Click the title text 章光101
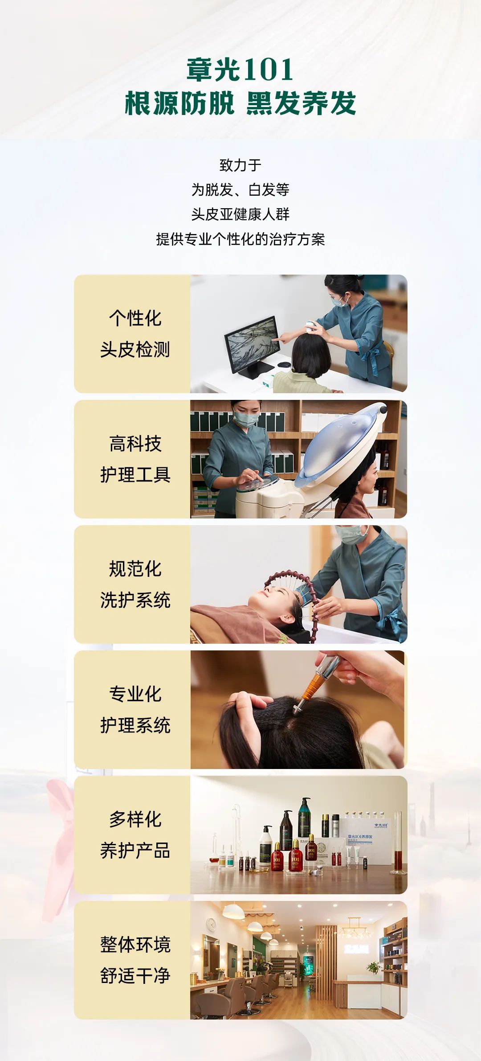pos(240,70)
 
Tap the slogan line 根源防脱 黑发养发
pos(240,103)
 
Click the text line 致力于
pos(240,165)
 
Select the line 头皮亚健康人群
pos(240,214)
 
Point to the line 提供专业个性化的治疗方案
pos(240,239)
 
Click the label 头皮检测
pos(135,350)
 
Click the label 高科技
pos(135,444)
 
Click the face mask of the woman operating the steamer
pos(246,419)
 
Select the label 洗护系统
pos(135,600)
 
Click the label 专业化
pos(135,694)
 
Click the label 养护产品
pos(135,851)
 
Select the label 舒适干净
pos(135,976)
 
